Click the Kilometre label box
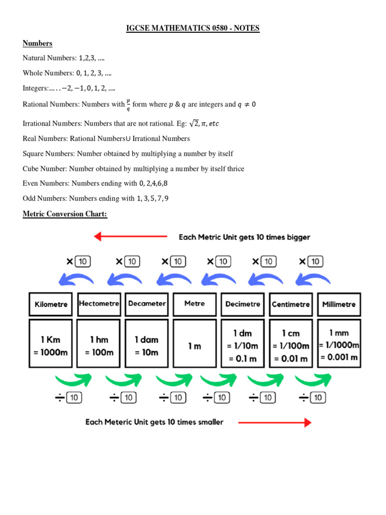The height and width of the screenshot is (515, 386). [x=51, y=304]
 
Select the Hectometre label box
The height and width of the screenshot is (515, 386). [x=99, y=304]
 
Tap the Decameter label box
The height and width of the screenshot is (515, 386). [x=147, y=304]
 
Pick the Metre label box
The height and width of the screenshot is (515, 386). [x=195, y=304]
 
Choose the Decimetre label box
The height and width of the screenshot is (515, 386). [x=242, y=304]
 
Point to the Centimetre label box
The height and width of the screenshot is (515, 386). [x=291, y=304]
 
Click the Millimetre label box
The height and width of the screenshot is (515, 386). [x=339, y=304]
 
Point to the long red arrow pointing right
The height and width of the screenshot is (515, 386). [x=274, y=422]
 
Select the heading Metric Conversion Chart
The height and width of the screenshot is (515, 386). [x=65, y=214]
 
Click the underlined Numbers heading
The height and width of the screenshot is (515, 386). [x=37, y=43]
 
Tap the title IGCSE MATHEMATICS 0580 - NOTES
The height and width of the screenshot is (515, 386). [x=192, y=28]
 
